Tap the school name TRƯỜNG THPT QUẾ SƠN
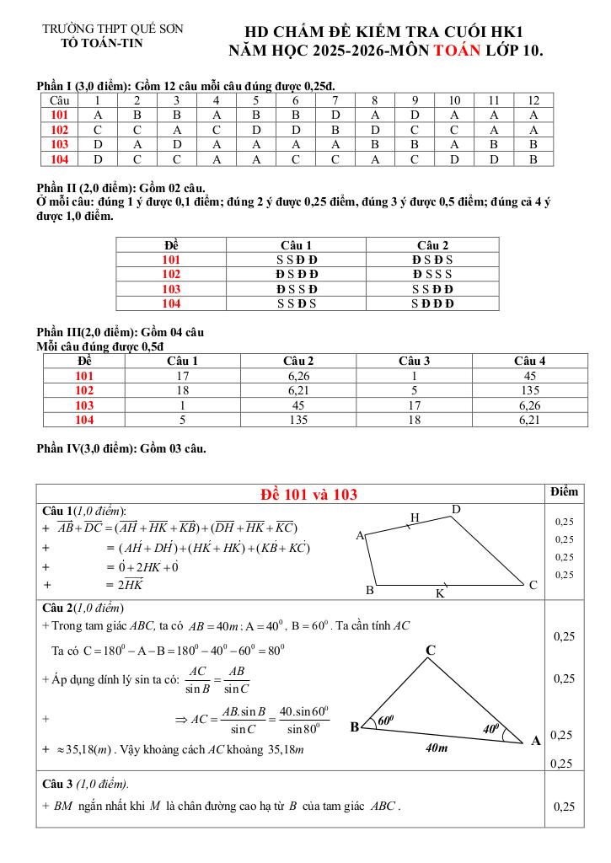pyautogui.click(x=112, y=29)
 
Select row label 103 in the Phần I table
pyautogui.click(x=59, y=144)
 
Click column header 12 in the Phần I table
pyautogui.click(x=533, y=100)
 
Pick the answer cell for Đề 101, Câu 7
pyautogui.click(x=335, y=115)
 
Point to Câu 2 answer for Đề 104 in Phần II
pyautogui.click(x=432, y=303)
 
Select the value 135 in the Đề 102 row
pyautogui.click(x=529, y=390)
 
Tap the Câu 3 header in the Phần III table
pyautogui.click(x=414, y=361)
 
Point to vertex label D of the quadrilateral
pyautogui.click(x=456, y=510)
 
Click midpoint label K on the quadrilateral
pyautogui.click(x=439, y=593)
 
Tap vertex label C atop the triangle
pyautogui.click(x=430, y=651)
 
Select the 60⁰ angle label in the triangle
pyautogui.click(x=385, y=721)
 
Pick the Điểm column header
pyautogui.click(x=564, y=491)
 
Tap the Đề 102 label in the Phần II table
pyautogui.click(x=171, y=274)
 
